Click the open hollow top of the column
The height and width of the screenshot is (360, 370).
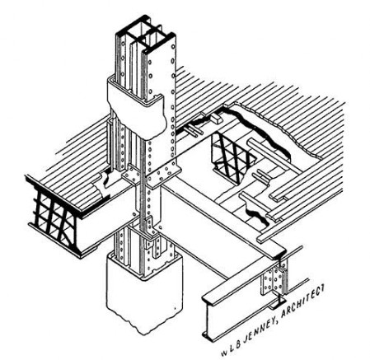146,35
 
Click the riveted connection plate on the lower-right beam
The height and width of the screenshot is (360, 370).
274,282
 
